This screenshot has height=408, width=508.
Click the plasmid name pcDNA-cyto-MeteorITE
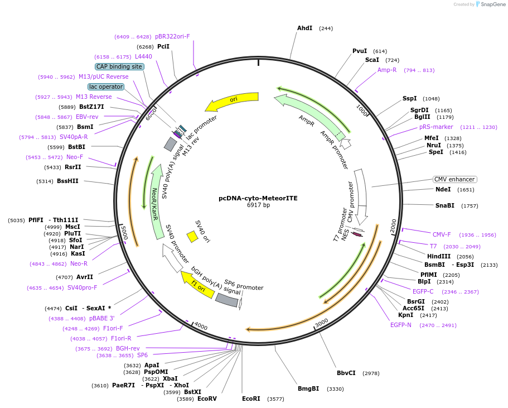coord(258,198)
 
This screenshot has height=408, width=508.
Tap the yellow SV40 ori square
coord(192,237)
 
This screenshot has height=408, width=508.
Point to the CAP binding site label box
coord(119,66)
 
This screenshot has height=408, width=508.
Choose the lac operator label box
coord(106,87)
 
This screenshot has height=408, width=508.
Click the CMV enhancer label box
coord(454,179)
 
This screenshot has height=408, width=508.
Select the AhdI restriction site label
coord(304,28)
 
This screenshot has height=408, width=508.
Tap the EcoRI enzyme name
coord(251,399)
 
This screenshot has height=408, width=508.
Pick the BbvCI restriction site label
coord(346,373)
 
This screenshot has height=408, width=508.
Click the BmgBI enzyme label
coord(308,388)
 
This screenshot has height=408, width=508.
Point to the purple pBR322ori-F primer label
coord(172,36)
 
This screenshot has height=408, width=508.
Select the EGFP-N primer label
coord(400,325)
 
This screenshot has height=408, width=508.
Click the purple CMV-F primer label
coord(442,234)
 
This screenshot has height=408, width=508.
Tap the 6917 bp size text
coord(258,205)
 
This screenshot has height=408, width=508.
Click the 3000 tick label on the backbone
coord(322,323)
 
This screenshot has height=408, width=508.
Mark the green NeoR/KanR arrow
coord(157,201)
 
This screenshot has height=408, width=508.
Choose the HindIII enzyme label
coord(439,256)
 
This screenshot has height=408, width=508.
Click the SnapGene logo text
coord(492,4)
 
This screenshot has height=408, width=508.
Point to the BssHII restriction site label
coord(67,181)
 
